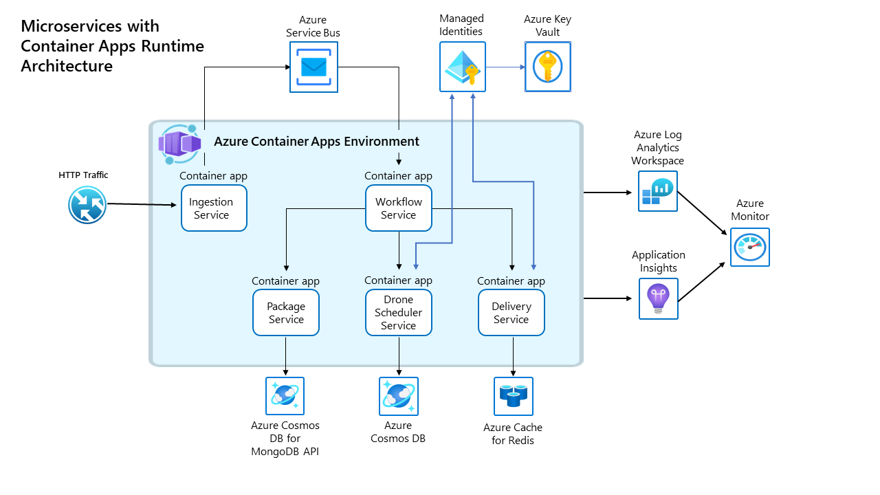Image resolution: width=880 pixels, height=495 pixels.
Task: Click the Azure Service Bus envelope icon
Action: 313,67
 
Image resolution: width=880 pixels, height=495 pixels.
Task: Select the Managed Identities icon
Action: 462,67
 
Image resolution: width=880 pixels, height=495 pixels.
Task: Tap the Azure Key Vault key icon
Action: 547,67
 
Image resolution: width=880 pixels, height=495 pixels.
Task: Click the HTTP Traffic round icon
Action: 87,204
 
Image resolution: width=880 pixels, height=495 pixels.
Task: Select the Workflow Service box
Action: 399,208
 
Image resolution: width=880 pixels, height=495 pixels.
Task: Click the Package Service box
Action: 286,313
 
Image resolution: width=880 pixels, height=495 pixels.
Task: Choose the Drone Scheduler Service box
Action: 399,313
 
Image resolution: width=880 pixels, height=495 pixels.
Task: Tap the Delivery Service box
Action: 511,313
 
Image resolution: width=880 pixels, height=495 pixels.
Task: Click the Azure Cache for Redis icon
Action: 513,396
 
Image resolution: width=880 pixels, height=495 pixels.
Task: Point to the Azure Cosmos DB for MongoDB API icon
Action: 285,396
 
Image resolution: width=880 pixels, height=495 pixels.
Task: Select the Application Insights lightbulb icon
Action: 658,298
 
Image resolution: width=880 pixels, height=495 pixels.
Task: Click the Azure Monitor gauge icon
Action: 750,247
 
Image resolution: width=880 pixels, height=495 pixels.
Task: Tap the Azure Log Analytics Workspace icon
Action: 657,191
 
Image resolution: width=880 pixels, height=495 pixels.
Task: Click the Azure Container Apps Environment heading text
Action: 316,142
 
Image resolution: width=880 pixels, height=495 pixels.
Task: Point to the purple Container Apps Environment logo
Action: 179,144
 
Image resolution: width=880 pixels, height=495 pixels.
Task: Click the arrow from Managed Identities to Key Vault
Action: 506,67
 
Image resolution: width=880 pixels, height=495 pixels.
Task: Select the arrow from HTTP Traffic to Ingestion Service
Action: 141,204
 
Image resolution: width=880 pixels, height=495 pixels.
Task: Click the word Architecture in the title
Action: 67,66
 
